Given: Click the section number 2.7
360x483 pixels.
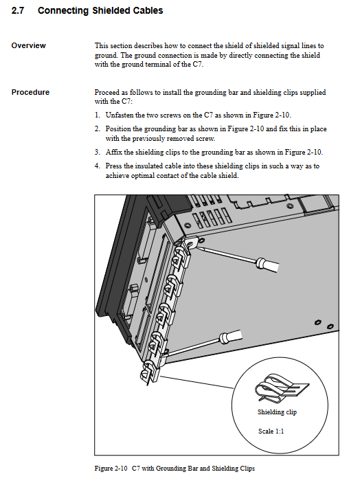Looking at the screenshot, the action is point(18,10).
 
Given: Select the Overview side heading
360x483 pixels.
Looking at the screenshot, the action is point(29,45).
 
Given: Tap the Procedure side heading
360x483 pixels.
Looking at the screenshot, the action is point(30,92).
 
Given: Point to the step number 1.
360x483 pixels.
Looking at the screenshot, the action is point(98,115).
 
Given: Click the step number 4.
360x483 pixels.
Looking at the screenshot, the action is point(98,166).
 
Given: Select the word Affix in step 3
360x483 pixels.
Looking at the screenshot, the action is point(113,152).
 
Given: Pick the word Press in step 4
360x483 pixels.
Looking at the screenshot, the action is point(113,166).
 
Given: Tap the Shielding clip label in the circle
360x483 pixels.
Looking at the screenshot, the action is point(277,412).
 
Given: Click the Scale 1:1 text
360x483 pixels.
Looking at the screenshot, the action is point(271,431).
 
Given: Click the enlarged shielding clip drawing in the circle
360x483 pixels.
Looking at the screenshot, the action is point(282,387).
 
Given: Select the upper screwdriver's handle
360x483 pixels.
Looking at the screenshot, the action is point(267,265).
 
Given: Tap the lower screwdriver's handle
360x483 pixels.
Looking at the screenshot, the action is point(230,336).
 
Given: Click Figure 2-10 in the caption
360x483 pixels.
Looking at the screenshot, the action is point(111,469).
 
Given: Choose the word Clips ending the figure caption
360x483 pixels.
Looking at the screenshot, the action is point(247,469).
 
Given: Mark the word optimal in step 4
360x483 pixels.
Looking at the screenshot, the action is point(143,176).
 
